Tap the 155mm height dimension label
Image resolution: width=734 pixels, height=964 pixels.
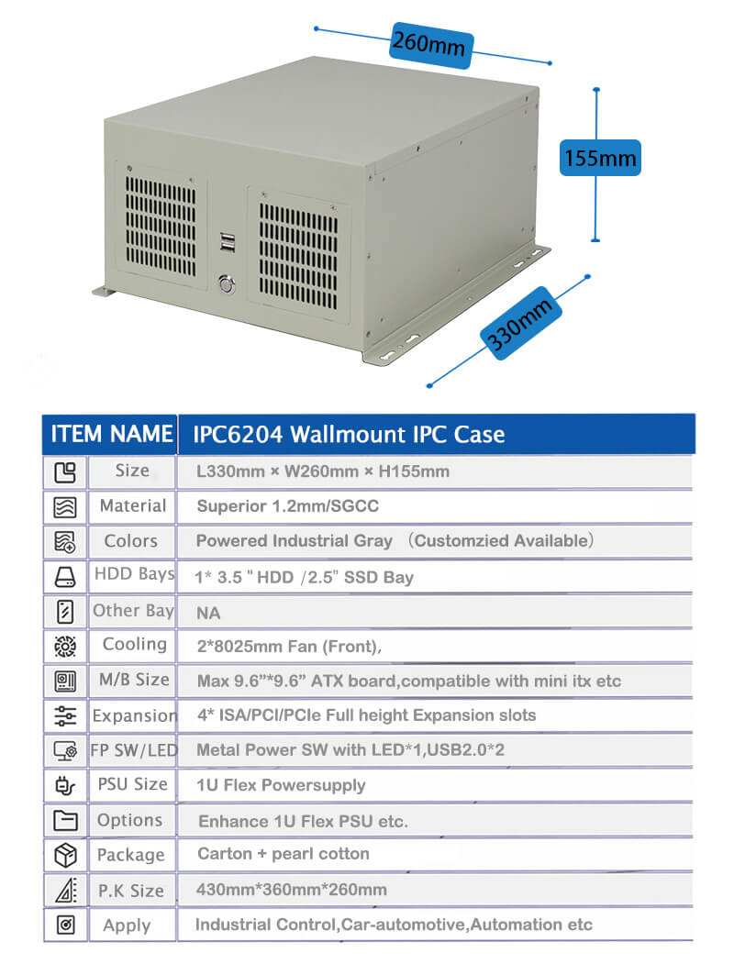coord(599,158)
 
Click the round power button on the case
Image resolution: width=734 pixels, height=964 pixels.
coord(227,284)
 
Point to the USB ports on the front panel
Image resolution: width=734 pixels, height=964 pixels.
coord(228,243)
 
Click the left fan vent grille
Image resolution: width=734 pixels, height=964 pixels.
coord(161,226)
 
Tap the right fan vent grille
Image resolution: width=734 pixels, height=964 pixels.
coord(298,256)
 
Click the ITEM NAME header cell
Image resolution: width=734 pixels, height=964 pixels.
coord(111,434)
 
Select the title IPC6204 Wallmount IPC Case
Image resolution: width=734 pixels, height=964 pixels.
coord(349,435)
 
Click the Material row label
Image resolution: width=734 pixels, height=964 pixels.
coord(133,505)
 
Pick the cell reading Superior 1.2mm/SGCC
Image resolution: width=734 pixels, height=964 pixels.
coord(287,506)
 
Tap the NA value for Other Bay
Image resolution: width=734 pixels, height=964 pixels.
coord(208,613)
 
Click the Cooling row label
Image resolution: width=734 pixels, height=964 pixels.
coord(135,644)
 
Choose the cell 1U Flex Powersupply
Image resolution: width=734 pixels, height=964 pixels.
coord(281,785)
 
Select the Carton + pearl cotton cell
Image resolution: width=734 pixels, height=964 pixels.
coord(284,853)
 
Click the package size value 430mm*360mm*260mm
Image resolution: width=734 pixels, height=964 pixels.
coord(292,890)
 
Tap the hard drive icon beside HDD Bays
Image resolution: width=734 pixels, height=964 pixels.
coord(65,577)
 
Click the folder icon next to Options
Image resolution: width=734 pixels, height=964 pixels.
coord(65,820)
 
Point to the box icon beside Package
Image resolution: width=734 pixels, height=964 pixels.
coord(65,855)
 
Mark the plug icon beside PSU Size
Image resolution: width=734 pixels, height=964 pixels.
coord(65,785)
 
